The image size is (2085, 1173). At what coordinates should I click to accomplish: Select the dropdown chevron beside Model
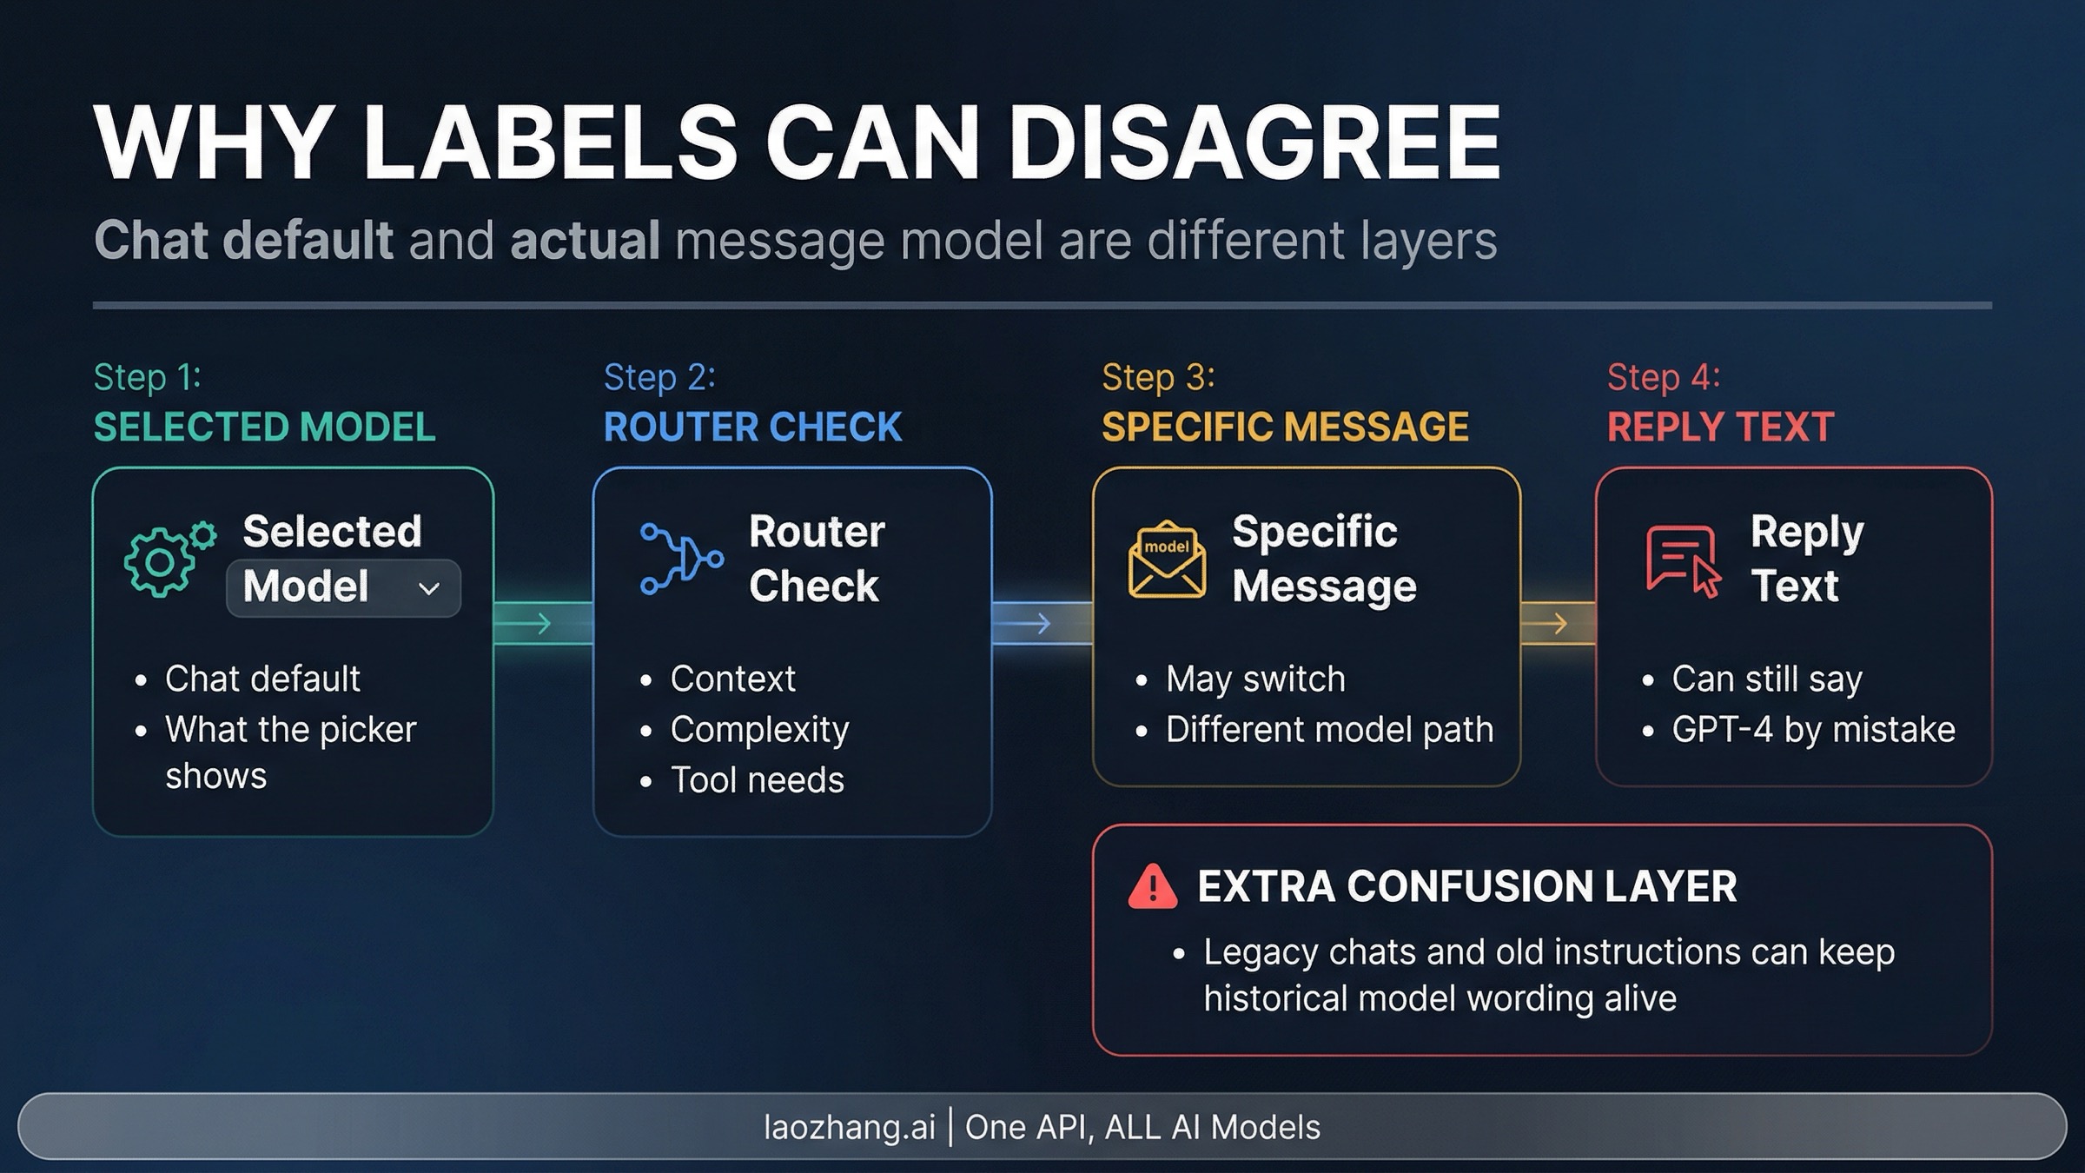point(428,589)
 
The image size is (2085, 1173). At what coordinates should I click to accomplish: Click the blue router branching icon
point(681,559)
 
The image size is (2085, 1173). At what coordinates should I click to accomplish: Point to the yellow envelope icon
point(1167,560)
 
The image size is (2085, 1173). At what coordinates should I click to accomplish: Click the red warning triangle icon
point(1152,887)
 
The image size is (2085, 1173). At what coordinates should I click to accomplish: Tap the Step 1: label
point(148,377)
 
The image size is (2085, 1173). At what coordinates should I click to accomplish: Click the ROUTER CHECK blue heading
point(752,427)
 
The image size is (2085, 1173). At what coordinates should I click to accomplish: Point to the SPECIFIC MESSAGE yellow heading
point(1285,427)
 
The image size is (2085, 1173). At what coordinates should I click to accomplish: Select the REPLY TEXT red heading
point(1720,427)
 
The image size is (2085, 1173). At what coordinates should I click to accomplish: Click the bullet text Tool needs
point(757,780)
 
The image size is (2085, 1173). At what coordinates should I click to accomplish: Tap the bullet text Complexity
point(759,730)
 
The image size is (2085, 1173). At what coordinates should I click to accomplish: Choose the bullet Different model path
point(1329,730)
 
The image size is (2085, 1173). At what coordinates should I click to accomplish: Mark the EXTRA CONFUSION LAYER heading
point(1466,887)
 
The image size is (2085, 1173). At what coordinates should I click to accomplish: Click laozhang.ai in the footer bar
point(849,1127)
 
